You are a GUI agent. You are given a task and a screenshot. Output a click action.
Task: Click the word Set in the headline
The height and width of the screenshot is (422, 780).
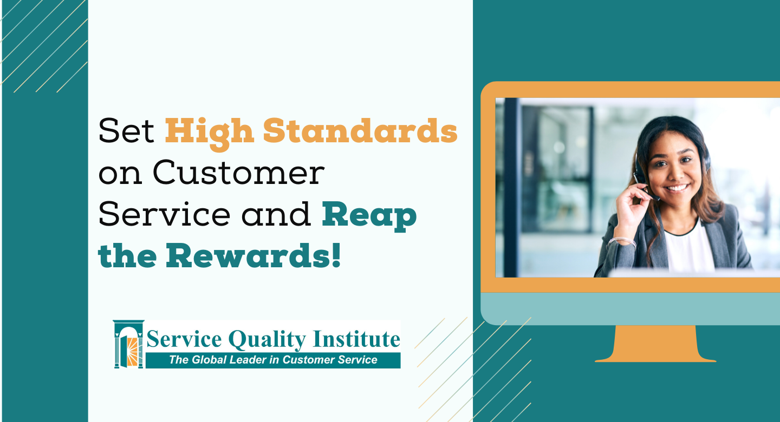(x=126, y=130)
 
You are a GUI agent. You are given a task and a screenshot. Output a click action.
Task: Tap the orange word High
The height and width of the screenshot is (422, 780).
(x=209, y=134)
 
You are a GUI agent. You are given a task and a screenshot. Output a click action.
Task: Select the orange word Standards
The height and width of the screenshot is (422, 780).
(x=360, y=130)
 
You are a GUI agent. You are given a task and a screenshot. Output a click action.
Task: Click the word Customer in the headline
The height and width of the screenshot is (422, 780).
(x=238, y=173)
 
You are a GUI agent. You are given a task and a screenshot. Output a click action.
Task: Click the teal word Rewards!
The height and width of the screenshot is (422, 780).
(x=253, y=256)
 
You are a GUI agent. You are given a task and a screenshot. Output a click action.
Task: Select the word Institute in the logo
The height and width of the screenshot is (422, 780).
(x=356, y=339)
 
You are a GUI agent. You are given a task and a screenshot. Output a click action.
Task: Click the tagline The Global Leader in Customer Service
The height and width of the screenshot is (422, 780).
(x=273, y=360)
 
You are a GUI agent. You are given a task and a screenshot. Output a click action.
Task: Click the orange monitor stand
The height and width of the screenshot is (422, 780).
(x=655, y=344)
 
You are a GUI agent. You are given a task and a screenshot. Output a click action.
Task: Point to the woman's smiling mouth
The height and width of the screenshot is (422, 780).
(x=677, y=188)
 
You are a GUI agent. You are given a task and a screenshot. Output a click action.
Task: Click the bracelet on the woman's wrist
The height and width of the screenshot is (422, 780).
(x=622, y=241)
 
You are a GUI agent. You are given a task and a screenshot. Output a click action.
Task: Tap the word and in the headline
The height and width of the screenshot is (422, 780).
(x=276, y=214)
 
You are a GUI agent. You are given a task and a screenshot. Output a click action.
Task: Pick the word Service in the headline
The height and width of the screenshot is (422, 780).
(x=164, y=214)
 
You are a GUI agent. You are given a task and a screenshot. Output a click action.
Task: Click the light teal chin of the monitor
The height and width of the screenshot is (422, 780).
(x=630, y=308)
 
